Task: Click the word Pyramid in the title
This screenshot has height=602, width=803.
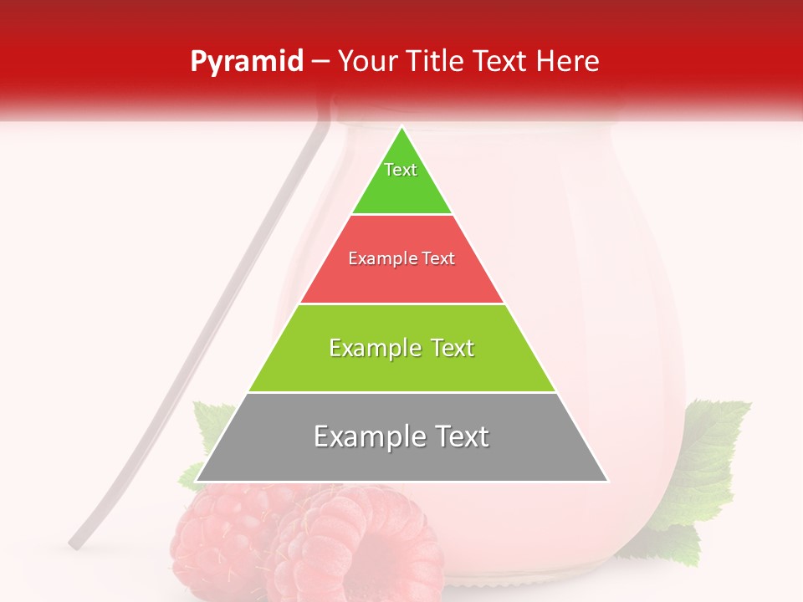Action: [x=246, y=61]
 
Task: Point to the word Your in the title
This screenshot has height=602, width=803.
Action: [x=369, y=61]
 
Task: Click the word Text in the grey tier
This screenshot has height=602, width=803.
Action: [x=459, y=436]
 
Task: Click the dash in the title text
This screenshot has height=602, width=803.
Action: [x=320, y=62]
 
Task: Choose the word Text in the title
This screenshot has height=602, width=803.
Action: [x=504, y=61]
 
